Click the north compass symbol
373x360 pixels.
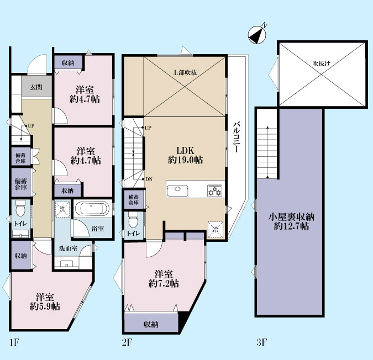[x=258, y=34]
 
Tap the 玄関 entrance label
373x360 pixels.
[x=36, y=87]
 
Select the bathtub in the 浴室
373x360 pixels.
[x=92, y=209]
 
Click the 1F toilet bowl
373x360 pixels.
[x=20, y=208]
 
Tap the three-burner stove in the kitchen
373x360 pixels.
[x=215, y=190]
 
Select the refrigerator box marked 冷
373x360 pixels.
[x=216, y=230]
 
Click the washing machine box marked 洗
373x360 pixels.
[x=62, y=209]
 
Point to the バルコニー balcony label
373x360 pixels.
[x=236, y=137]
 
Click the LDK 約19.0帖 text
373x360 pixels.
[x=185, y=155]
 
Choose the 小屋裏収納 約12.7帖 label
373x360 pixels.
[x=291, y=221]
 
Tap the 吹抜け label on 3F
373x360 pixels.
[x=322, y=63]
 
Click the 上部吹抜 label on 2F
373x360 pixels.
[x=185, y=72]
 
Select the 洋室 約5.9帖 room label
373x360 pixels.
[x=45, y=302]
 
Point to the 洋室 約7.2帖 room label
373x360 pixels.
[x=164, y=279]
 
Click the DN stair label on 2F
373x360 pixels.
[x=149, y=179]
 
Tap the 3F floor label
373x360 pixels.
[x=261, y=342]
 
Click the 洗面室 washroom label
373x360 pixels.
[x=68, y=248]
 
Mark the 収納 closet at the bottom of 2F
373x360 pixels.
[x=151, y=324]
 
